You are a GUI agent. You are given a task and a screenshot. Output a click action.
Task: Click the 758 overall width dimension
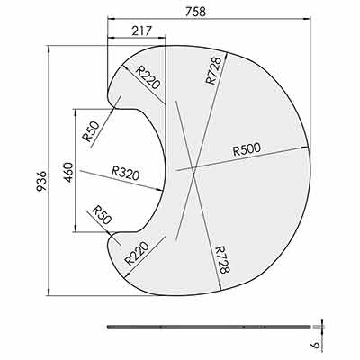195,12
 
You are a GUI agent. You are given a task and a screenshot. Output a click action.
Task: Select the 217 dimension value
141,31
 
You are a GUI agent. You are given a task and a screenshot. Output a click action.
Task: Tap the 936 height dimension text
41,181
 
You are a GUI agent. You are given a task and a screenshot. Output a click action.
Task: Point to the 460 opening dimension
68,172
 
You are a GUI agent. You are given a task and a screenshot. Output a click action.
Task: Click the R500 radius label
247,149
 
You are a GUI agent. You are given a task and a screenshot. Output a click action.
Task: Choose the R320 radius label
126,174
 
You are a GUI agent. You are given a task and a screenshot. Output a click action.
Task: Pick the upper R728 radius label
213,70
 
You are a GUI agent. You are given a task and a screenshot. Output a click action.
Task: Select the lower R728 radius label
222,259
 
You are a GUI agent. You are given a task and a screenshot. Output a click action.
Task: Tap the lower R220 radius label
137,254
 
